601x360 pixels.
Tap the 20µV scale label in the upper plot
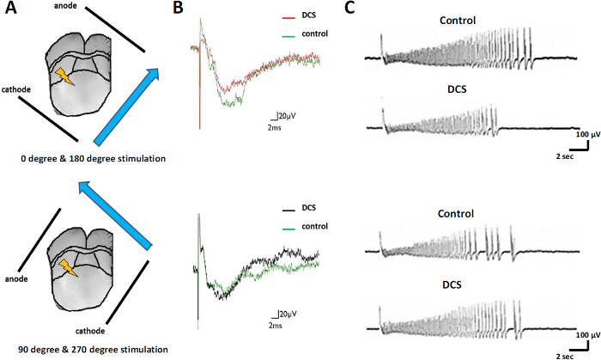(x=287, y=115)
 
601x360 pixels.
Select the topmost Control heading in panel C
(x=458, y=20)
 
